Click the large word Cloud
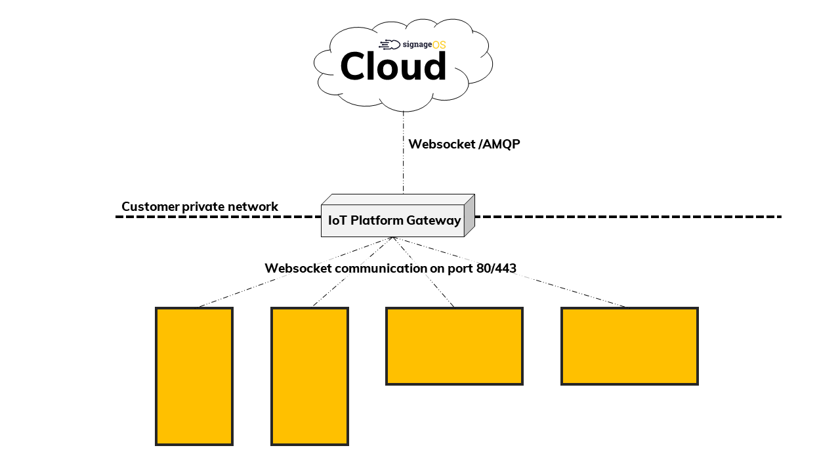(393, 67)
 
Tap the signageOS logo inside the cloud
(413, 45)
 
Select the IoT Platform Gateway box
(392, 220)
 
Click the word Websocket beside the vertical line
(440, 145)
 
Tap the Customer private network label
(199, 207)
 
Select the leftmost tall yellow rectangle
(194, 376)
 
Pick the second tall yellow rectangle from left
(310, 376)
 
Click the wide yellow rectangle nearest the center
(454, 346)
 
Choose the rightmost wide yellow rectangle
(629, 346)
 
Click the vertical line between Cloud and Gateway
(403, 164)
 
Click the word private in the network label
(199, 207)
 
